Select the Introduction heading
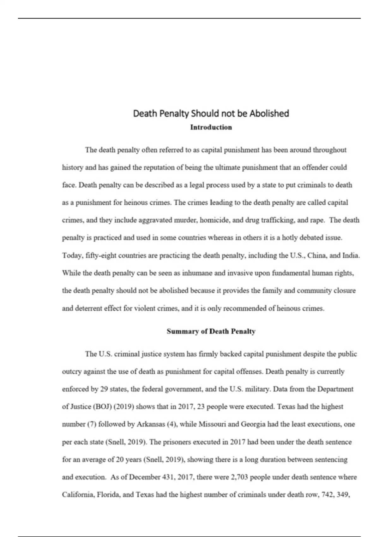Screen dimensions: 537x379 tap(211, 127)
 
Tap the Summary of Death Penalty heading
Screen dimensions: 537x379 tap(211, 331)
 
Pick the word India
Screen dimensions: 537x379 tap(351, 256)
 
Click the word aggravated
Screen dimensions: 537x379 tap(156, 220)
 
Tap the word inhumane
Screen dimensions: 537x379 tap(197, 273)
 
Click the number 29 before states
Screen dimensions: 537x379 tap(104, 389)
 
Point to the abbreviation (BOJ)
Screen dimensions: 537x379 tap(102, 407)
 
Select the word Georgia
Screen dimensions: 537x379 tap(253, 424)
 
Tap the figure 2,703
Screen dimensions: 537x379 tap(241, 477)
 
